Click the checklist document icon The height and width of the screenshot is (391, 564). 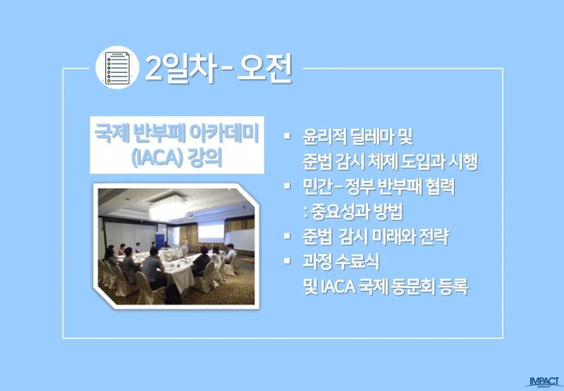117,68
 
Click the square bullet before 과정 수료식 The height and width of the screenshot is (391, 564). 286,261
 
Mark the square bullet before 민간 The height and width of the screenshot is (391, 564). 286,186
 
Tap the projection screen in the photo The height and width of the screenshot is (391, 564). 211,233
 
